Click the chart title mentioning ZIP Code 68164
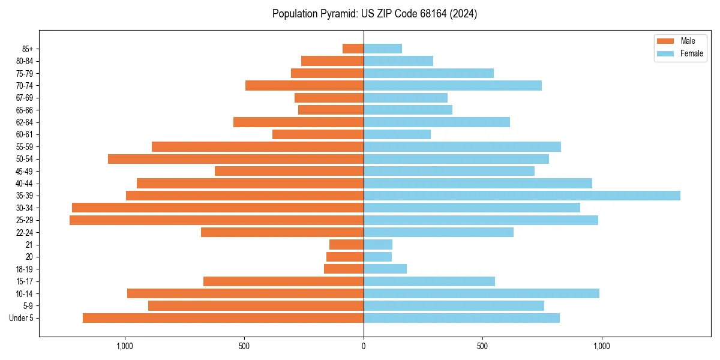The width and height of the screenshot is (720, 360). (374, 14)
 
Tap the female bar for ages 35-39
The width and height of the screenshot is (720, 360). (521, 196)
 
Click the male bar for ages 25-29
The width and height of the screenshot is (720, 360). (217, 220)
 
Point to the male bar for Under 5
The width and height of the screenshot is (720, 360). (223, 318)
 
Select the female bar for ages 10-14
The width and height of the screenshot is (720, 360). (481, 293)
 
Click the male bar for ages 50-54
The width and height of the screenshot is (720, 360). (236, 159)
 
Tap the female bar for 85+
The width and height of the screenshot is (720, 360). (383, 49)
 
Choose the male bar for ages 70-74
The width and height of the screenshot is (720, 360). (304, 85)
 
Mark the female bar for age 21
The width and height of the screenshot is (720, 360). (378, 245)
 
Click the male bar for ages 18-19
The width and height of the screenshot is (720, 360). (344, 269)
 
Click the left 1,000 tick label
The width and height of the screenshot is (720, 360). (125, 346)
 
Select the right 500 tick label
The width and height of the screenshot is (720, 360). (482, 346)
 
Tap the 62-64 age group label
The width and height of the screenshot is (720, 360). (24, 122)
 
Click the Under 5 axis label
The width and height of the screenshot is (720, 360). (21, 318)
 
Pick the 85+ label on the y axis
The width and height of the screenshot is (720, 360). (27, 49)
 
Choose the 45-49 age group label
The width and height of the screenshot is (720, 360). (24, 171)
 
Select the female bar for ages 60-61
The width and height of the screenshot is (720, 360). (397, 134)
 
